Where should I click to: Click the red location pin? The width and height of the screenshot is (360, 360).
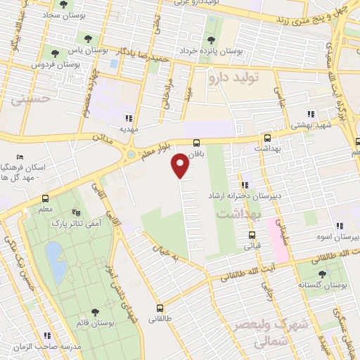[x=181, y=165]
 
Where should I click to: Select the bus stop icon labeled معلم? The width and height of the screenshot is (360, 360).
[x=45, y=198]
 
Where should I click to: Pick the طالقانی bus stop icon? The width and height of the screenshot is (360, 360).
[x=160, y=307]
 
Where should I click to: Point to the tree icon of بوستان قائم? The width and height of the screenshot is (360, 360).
[x=95, y=311]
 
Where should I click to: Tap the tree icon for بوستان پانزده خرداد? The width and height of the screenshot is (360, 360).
[x=211, y=40]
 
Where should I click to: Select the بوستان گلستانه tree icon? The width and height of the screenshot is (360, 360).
[x=323, y=274]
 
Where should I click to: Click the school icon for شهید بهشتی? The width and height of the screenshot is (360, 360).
[x=310, y=115]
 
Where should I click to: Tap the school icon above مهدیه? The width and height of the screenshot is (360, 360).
[x=128, y=118]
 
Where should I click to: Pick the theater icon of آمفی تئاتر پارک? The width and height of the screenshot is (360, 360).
[x=77, y=212]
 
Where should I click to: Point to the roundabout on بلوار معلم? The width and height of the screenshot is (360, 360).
[x=131, y=155]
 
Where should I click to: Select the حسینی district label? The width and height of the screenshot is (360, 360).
[x=31, y=100]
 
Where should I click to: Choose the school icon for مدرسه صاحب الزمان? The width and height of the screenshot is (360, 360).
[x=47, y=336]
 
